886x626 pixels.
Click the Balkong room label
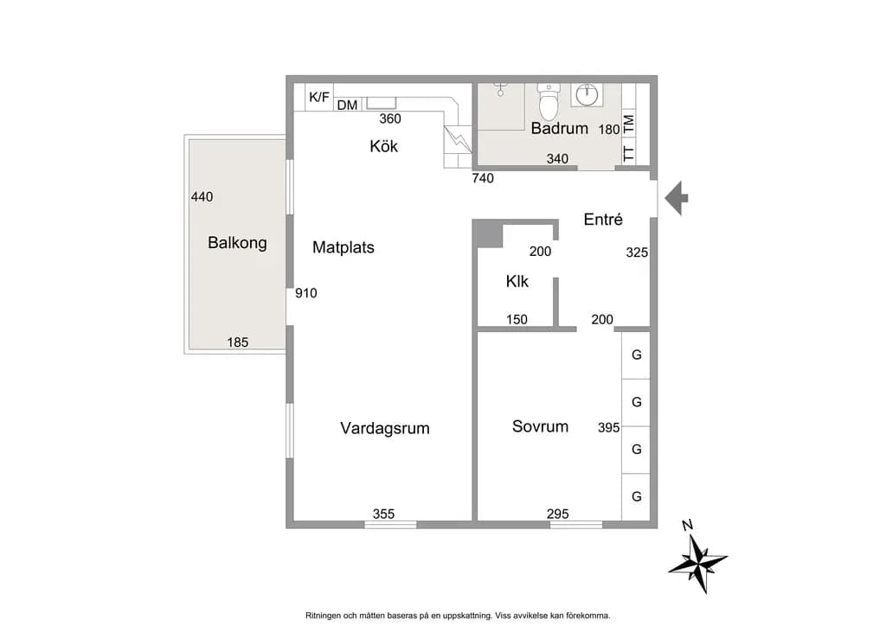(x=237, y=243)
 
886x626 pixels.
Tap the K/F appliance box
(x=319, y=97)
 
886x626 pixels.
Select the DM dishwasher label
(x=348, y=105)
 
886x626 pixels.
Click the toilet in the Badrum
(x=548, y=101)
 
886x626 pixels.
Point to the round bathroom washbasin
(x=587, y=94)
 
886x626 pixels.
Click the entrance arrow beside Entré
(x=677, y=198)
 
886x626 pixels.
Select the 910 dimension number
(x=305, y=293)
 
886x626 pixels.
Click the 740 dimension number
(x=483, y=178)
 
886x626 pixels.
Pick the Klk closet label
(x=517, y=281)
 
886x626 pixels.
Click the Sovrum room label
(x=540, y=426)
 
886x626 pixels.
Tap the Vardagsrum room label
(x=385, y=429)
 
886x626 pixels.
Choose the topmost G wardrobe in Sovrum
(x=636, y=355)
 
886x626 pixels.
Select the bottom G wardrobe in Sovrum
(x=636, y=496)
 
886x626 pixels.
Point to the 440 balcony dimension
(x=202, y=197)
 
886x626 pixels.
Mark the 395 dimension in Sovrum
(x=608, y=428)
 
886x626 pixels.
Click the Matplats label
(x=343, y=247)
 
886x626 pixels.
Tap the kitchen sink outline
(x=382, y=103)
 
